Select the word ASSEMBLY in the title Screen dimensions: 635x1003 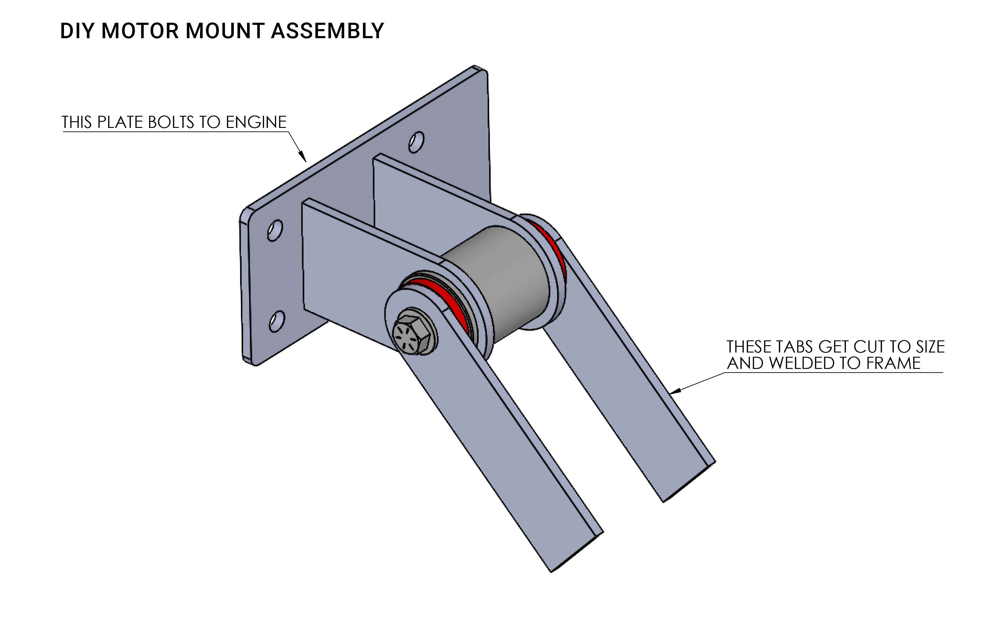(x=327, y=31)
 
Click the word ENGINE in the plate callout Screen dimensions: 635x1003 (x=256, y=122)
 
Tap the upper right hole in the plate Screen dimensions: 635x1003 (x=416, y=142)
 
